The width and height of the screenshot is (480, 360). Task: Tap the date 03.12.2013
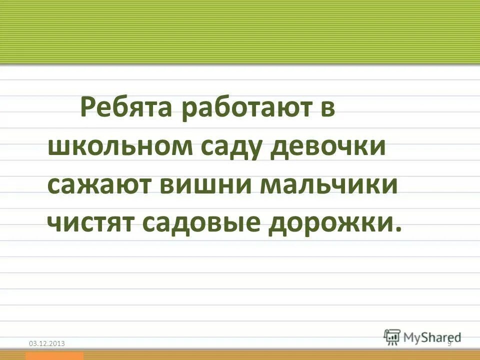47,343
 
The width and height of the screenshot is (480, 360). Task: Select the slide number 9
449,342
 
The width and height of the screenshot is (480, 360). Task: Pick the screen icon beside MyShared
392,336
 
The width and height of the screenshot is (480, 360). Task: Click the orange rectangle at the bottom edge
55,356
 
